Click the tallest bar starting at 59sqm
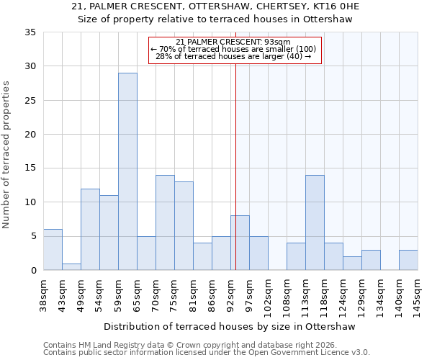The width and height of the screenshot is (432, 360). click(127, 171)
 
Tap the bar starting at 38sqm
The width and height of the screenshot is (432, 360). click(53, 250)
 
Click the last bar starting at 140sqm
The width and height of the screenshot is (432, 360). click(408, 260)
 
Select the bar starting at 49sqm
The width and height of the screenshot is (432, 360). click(90, 230)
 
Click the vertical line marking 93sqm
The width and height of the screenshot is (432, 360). click(235, 166)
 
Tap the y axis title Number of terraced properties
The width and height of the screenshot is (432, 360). click(6, 155)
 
